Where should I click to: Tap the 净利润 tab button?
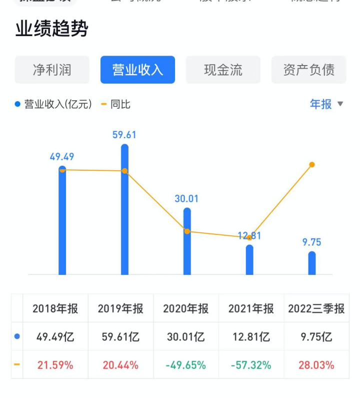(52, 70)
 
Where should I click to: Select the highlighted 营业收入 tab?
(137, 70)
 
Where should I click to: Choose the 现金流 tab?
(223, 70)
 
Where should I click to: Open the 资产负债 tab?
(308, 70)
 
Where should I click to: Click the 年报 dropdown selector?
(326, 104)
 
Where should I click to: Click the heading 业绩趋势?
(52, 29)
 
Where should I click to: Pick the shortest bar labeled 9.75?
(312, 263)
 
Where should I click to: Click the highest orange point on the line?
(312, 165)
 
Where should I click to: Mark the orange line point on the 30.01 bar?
(187, 231)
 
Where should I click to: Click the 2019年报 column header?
(120, 308)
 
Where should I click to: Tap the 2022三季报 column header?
(316, 308)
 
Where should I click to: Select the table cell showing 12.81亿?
(251, 337)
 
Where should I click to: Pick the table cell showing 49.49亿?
(55, 337)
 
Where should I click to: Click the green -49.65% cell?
(185, 365)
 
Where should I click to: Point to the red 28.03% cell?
(316, 365)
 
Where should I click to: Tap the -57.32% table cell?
(251, 365)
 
